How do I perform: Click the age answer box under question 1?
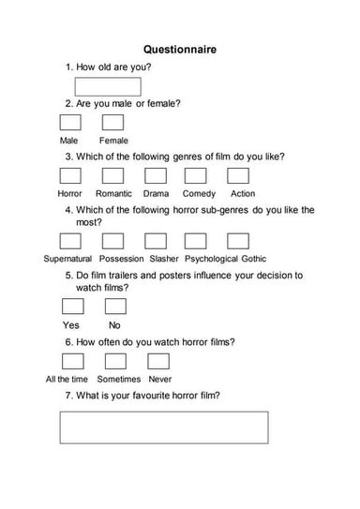[113, 87]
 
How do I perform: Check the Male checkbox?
[70, 123]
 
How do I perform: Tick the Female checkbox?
[113, 123]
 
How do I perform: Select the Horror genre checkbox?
[70, 175]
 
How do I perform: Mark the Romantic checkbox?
[112, 175]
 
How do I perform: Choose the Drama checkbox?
[155, 175]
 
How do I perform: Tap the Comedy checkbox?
[197, 175]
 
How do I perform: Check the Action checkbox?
[239, 175]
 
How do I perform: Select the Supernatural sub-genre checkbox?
[70, 241]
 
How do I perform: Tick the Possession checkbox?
[112, 241]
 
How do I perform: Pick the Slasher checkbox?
[155, 241]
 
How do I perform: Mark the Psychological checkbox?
[197, 241]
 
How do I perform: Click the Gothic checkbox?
[239, 241]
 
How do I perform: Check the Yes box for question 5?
[71, 307]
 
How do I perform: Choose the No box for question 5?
[114, 307]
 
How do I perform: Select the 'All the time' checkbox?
[71, 361]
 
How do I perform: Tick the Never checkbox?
[157, 361]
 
